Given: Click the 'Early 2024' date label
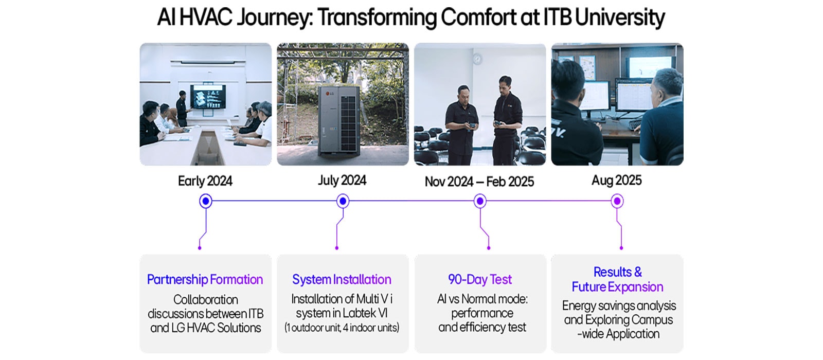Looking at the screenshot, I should pyautogui.click(x=205, y=181).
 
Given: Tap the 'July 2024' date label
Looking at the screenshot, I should pyautogui.click(x=342, y=181).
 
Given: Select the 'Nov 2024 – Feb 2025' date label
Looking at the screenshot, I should pyautogui.click(x=479, y=182).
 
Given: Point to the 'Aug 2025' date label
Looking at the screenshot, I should pyautogui.click(x=617, y=181).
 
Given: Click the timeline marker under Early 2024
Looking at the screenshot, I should pyautogui.click(x=206, y=201).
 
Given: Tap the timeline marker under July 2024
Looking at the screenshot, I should pyautogui.click(x=343, y=201).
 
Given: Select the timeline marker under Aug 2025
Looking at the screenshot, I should pyautogui.click(x=617, y=201).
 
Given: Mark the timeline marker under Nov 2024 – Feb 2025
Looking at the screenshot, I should pyautogui.click(x=480, y=201).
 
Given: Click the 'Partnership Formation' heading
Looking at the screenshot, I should pyautogui.click(x=205, y=279).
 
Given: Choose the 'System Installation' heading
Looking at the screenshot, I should pyautogui.click(x=342, y=279).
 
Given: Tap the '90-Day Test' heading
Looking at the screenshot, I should pyautogui.click(x=480, y=279).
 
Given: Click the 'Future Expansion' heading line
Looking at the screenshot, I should pyautogui.click(x=617, y=287).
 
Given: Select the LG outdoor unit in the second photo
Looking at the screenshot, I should pyautogui.click(x=337, y=121).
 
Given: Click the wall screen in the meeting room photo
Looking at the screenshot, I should pyautogui.click(x=208, y=97).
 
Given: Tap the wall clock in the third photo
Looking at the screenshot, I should pyautogui.click(x=477, y=59).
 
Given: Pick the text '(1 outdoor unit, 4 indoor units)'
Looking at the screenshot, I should pyautogui.click(x=342, y=328).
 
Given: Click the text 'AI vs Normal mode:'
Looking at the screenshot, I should pyautogui.click(x=482, y=299).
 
